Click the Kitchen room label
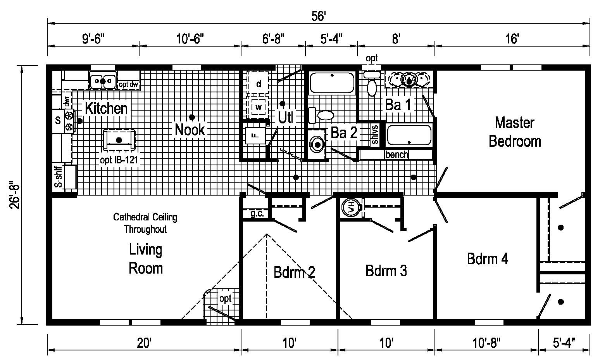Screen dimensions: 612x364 (x=106, y=108)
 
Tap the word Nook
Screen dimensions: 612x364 (x=190, y=130)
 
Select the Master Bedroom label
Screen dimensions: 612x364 (x=514, y=132)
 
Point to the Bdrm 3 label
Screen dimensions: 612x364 (x=386, y=270)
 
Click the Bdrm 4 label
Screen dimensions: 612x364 (x=487, y=258)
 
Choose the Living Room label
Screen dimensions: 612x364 (x=145, y=258)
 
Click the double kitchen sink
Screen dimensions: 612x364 (x=103, y=81)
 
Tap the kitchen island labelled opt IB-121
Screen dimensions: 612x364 (x=119, y=140)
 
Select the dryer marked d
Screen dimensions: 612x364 (x=259, y=83)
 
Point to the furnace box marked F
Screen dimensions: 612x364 (x=255, y=135)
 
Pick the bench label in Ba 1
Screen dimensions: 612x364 (x=397, y=154)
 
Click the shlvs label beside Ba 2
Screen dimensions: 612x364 (x=375, y=134)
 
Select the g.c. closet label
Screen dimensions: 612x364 (x=257, y=213)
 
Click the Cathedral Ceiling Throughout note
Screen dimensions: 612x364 (x=145, y=223)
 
